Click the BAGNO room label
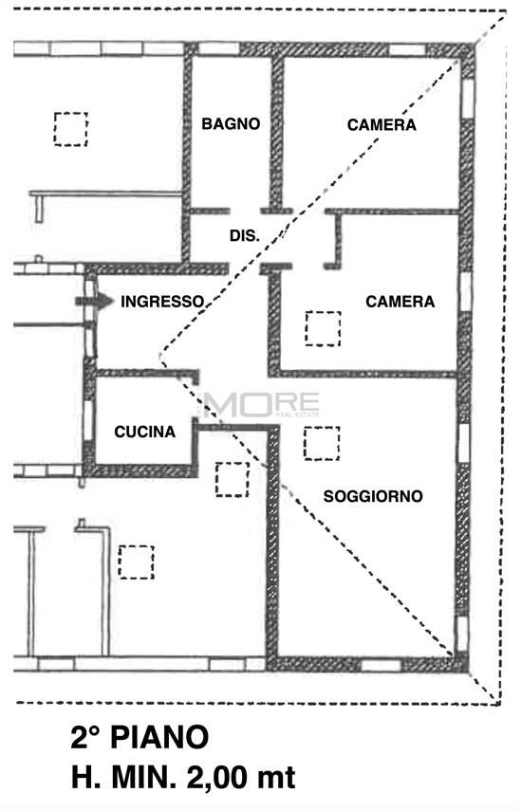pos(231,123)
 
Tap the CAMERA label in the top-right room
pos(381,124)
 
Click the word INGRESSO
pos(162,302)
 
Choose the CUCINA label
pos(144,432)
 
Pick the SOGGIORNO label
pos(373,496)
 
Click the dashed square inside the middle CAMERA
pos(323,328)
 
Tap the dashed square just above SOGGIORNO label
pos(322,443)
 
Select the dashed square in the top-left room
pos(70,129)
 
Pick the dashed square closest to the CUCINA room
pos(231,479)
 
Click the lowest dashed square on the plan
pos(136,561)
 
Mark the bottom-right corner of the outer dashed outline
pos(499,704)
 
